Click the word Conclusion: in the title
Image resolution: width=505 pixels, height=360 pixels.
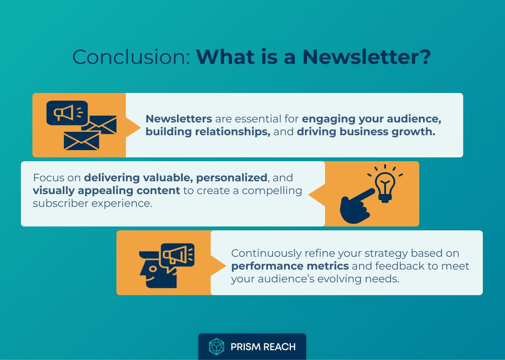(131, 57)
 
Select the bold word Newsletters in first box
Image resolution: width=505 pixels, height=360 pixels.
(179, 119)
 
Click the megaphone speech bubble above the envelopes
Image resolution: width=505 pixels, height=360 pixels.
(67, 113)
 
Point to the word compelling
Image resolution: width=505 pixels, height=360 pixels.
(272, 190)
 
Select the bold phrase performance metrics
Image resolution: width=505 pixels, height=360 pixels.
(290, 266)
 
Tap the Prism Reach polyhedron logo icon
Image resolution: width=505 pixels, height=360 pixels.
(216, 347)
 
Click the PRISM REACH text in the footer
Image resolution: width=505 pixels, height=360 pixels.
(263, 347)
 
